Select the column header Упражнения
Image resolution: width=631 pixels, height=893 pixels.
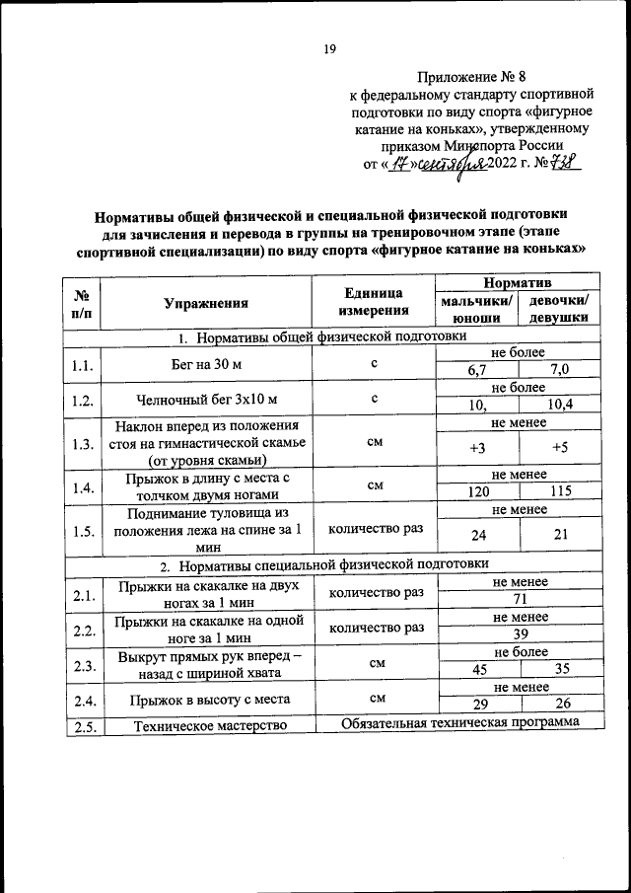pos(206,304)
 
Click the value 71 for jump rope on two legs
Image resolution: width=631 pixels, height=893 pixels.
pos(517,598)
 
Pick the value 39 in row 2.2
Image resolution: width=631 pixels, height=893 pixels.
pos(517,633)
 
